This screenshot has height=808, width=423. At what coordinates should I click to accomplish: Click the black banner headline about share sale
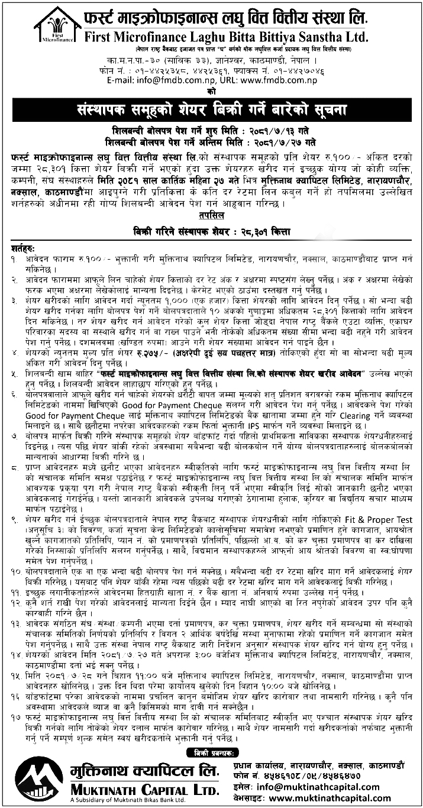click(x=211, y=111)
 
